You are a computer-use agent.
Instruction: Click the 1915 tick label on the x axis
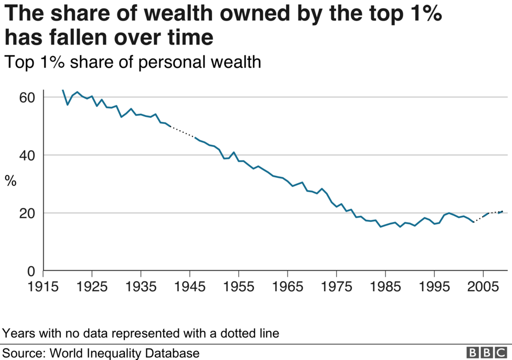43,288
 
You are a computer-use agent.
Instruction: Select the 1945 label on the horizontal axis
189,288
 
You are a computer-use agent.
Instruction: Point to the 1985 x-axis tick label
385,288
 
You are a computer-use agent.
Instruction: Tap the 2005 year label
483,288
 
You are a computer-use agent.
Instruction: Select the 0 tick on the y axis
31,271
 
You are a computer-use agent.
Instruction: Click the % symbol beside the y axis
10,182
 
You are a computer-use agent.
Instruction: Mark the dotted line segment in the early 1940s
183,132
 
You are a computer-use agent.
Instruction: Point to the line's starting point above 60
63,90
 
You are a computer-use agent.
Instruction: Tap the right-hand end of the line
503,211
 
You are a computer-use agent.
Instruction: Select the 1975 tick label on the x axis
336,288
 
